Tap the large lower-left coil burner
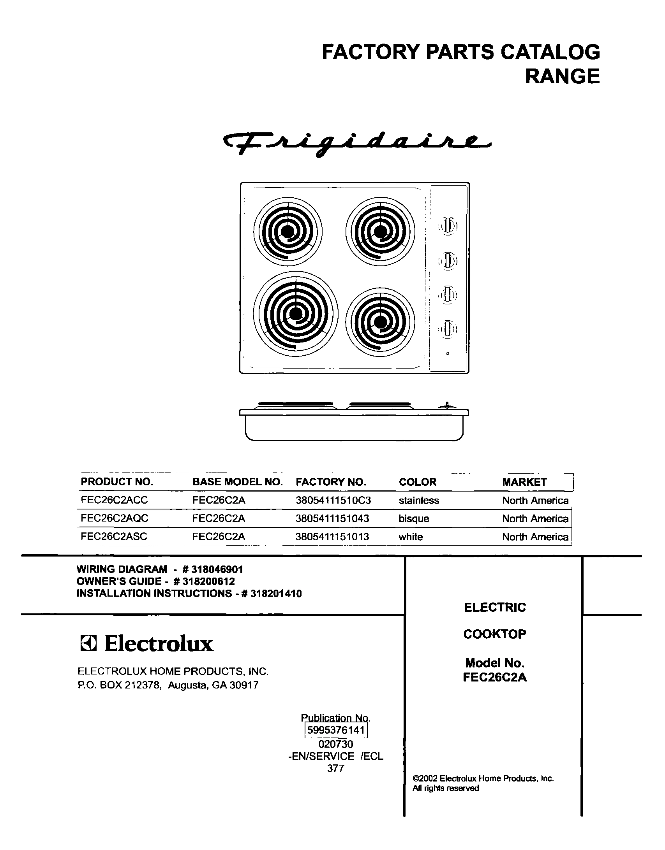tap(296, 314)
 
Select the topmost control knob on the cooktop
tap(448, 226)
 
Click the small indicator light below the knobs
tap(448, 353)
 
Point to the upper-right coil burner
tap(380, 232)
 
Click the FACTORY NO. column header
tap(331, 482)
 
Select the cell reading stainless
tap(419, 501)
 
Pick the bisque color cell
tap(414, 519)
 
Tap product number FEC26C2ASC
tap(114, 537)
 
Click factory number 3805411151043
tap(332, 519)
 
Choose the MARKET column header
tap(524, 482)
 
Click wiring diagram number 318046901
tap(214, 569)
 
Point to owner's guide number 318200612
tap(209, 581)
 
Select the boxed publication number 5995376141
tap(336, 730)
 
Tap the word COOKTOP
tap(495, 634)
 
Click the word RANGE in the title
tap(562, 76)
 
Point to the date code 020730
tap(336, 744)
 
